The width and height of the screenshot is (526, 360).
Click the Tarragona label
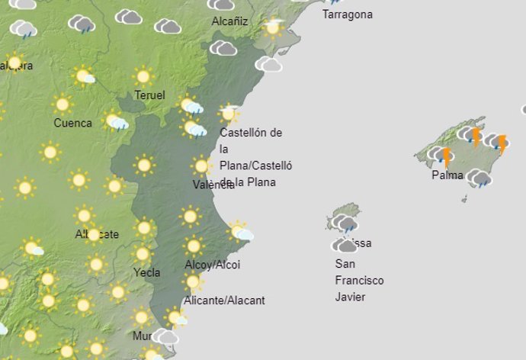[348, 14]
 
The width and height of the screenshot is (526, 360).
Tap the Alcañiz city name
[229, 21]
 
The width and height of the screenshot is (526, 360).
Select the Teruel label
[149, 95]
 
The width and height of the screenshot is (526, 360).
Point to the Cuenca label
[73, 123]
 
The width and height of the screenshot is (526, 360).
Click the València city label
[213, 185]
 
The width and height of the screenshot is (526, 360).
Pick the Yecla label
[145, 272]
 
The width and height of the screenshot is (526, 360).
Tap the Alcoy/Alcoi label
[213, 265]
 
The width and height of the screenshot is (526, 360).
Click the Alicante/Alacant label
[225, 301]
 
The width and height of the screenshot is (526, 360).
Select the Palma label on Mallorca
[447, 175]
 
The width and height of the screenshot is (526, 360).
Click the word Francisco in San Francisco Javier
[360, 280]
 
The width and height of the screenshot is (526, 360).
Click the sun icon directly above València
[201, 166]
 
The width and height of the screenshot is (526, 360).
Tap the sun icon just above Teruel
[143, 76]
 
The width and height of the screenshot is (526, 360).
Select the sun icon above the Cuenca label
[63, 104]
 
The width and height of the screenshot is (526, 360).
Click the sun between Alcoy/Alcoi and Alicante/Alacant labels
[193, 283]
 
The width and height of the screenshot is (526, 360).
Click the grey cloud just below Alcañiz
[223, 48]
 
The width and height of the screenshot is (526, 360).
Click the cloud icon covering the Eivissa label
[345, 246]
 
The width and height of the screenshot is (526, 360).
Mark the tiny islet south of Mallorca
[464, 199]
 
